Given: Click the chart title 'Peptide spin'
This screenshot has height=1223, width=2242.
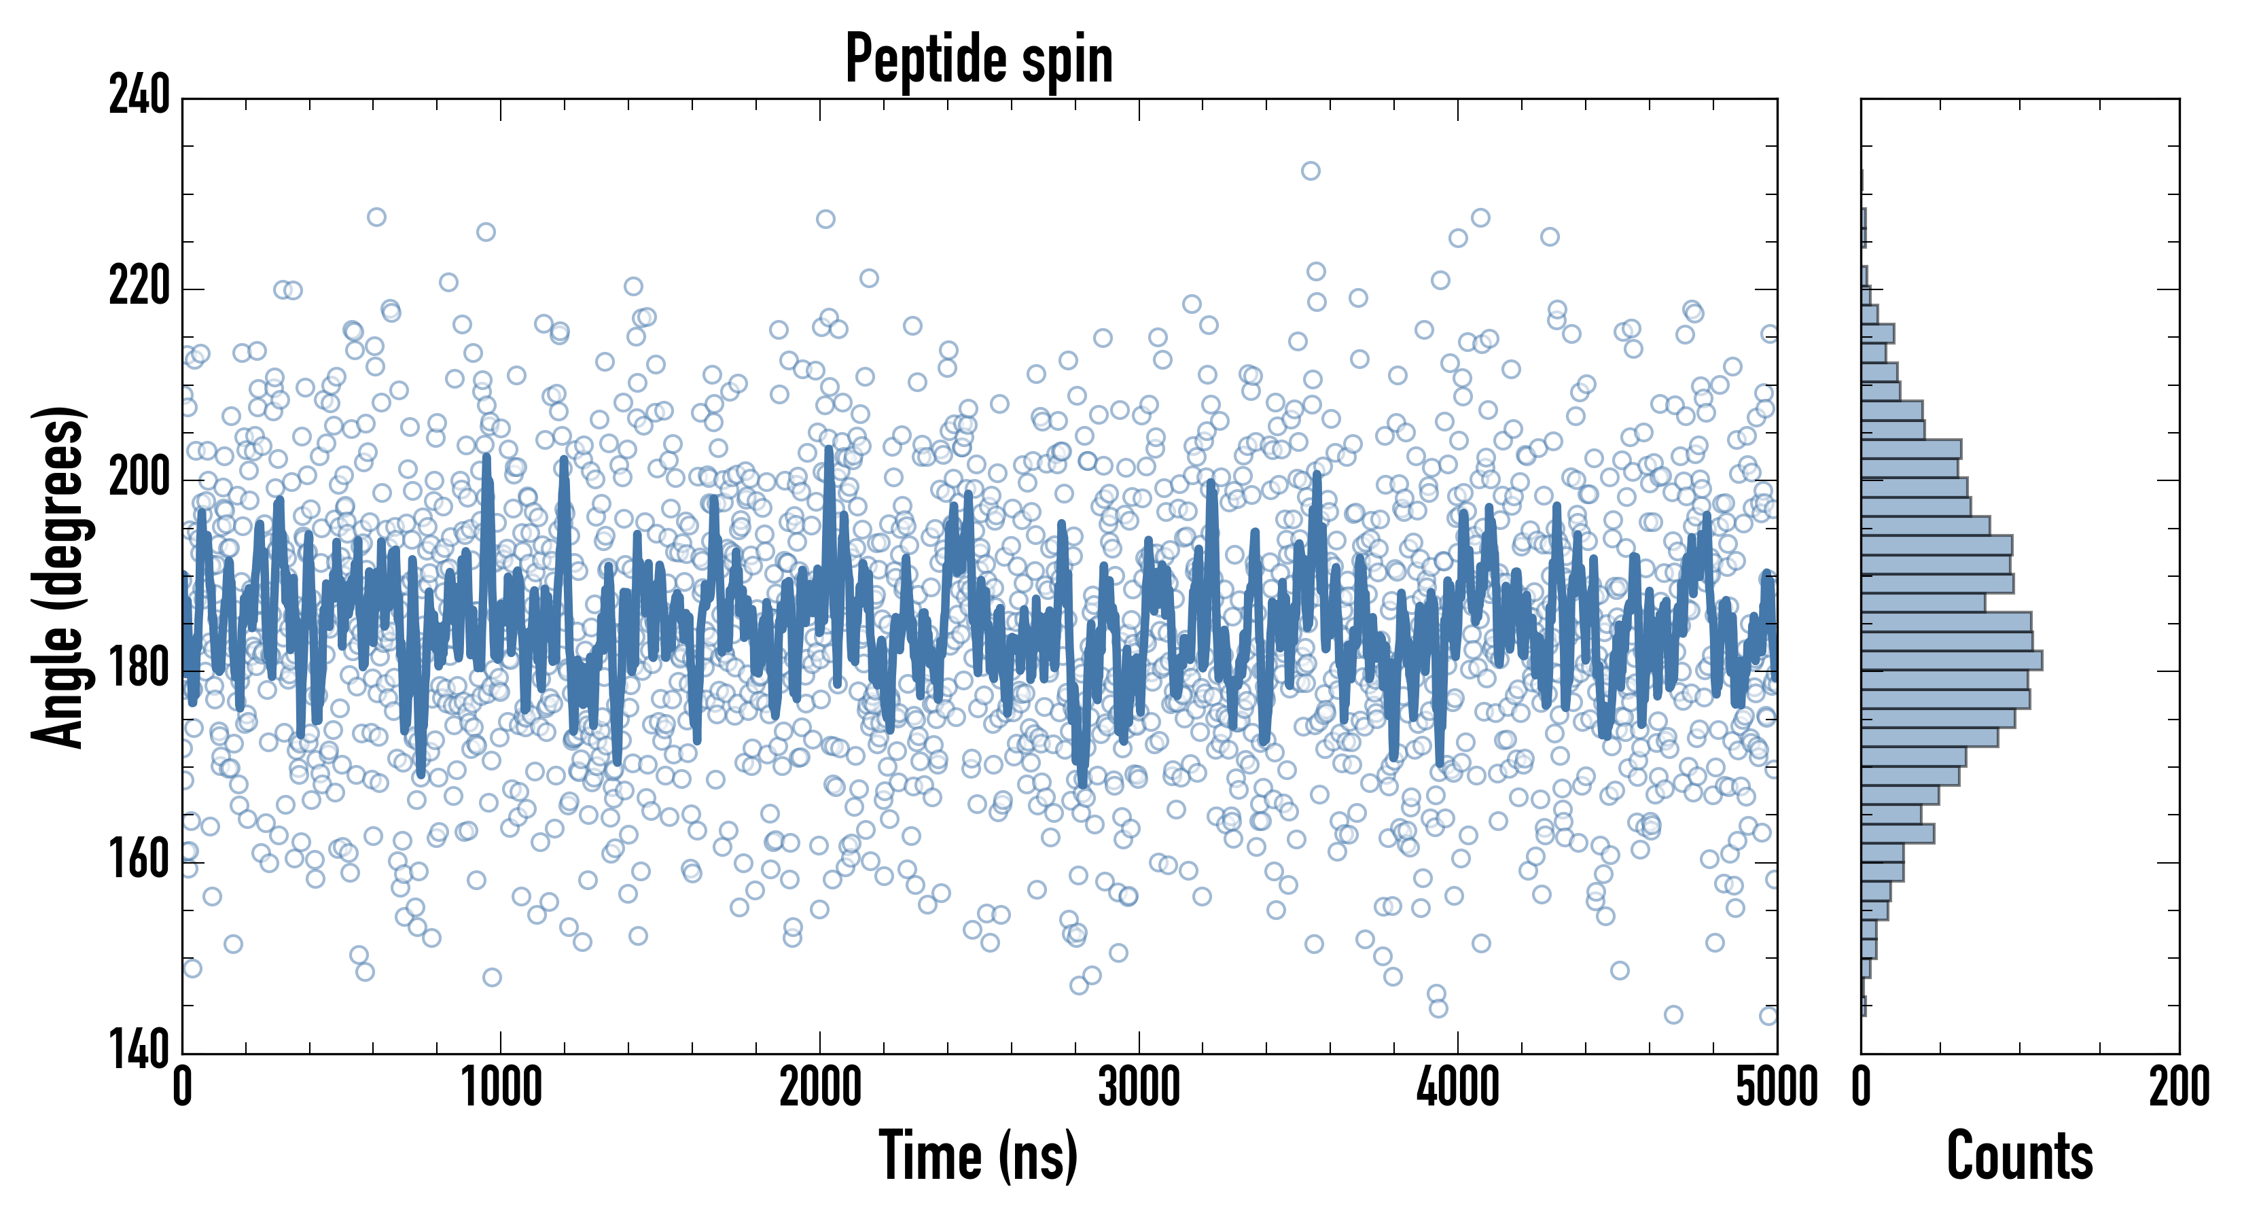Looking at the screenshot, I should (x=979, y=58).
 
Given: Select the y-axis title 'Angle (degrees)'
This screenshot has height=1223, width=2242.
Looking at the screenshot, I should (x=58, y=576).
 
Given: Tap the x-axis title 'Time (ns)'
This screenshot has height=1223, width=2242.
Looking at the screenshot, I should (x=979, y=1155).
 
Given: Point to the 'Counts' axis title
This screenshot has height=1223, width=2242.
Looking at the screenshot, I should (x=2020, y=1155).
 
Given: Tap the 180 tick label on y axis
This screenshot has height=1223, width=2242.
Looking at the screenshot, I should (x=139, y=669).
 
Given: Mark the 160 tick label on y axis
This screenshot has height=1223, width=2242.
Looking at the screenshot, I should (x=139, y=861).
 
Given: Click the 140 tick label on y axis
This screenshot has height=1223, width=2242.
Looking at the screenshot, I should (x=139, y=1050).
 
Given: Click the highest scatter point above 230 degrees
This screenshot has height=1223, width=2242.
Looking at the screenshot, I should (x=1311, y=171).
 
